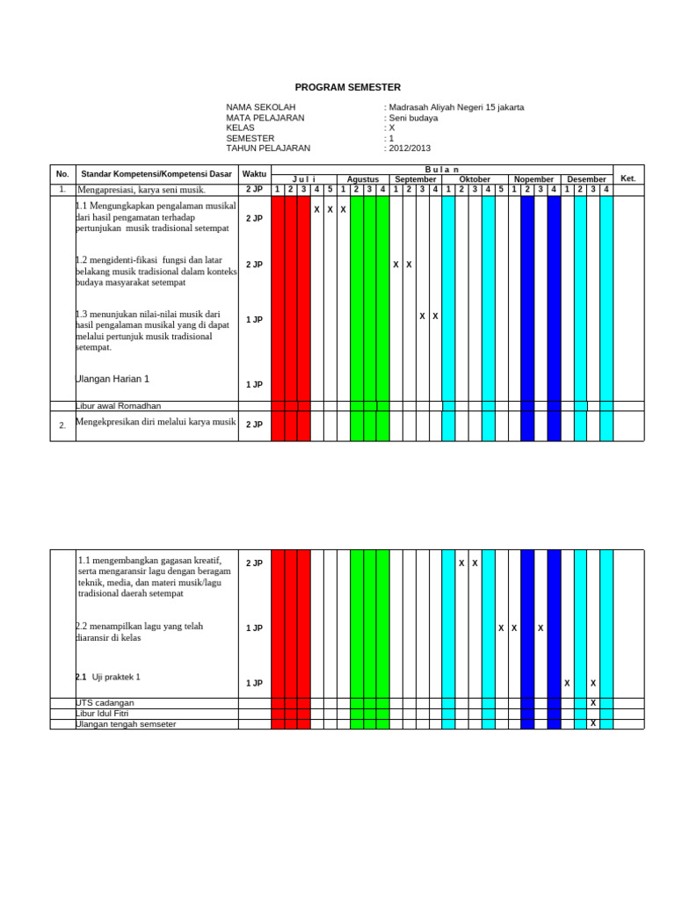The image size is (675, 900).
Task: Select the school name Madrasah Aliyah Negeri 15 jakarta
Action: pos(455,107)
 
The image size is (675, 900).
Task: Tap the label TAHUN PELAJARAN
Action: pos(268,149)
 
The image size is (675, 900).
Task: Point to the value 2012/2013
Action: pos(410,149)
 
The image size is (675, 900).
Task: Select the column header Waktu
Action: pos(254,174)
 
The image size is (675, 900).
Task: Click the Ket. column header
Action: pos(628,178)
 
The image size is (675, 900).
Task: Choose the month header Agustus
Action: pos(363,179)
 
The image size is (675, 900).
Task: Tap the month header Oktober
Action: pos(475,179)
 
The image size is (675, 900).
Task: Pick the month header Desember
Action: pos(586,179)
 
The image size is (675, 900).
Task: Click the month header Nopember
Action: pos(533,179)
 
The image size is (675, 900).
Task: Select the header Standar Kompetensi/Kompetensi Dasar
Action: pos(156,174)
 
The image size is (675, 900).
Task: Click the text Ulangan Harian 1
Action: pos(113,379)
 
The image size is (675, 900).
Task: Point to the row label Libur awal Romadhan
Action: pos(118,406)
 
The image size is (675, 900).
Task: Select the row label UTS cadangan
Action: pos(105,703)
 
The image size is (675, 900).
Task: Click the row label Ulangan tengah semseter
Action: pos(126,724)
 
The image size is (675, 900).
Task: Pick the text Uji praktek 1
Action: pos(116,678)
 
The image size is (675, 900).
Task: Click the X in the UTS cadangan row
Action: pos(593,703)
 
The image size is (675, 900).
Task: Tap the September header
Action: pos(415,179)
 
